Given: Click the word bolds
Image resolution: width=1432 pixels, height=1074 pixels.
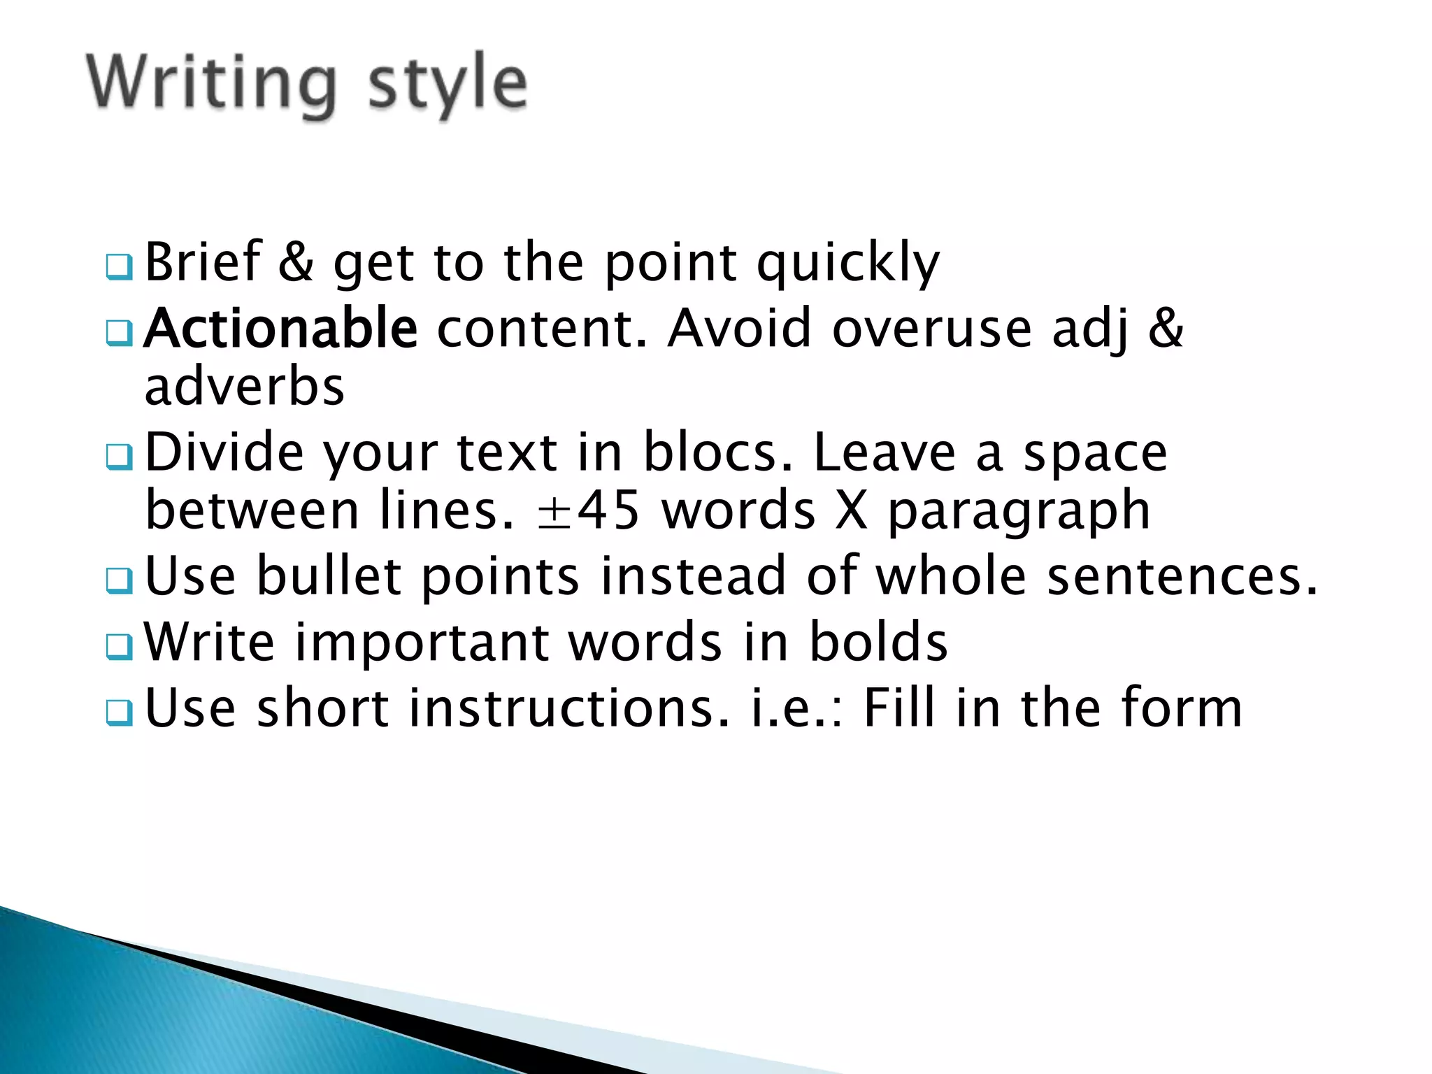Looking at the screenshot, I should [x=878, y=642].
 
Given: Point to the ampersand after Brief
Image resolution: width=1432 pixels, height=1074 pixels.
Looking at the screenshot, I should [x=296, y=262].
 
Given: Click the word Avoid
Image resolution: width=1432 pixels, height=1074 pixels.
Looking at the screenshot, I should [x=740, y=329].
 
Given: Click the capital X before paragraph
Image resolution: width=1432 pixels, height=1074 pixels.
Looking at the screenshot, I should [x=851, y=510].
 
